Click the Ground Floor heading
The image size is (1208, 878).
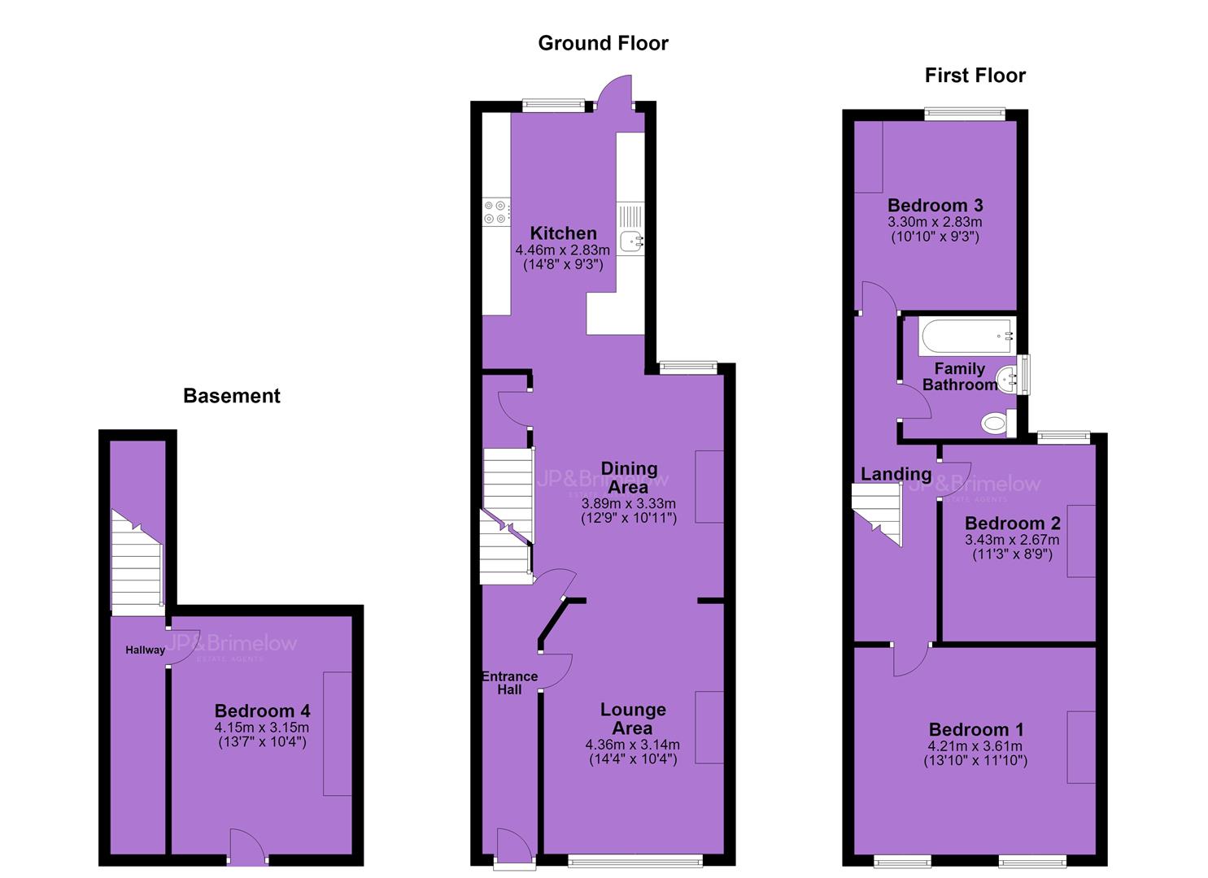(603, 43)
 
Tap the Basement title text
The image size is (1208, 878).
(232, 396)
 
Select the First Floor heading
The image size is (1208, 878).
(975, 76)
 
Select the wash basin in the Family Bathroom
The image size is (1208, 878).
(1007, 380)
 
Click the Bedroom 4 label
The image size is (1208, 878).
(262, 711)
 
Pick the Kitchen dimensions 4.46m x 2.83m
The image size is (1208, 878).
(562, 250)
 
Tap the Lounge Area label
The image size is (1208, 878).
(633, 719)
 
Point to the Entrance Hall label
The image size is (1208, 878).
(509, 683)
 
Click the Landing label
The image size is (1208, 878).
(896, 474)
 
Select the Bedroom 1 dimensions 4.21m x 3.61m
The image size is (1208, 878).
(975, 746)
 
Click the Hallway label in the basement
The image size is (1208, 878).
(145, 650)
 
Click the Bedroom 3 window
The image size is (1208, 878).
(965, 114)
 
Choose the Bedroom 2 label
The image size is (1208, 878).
(1012, 523)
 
